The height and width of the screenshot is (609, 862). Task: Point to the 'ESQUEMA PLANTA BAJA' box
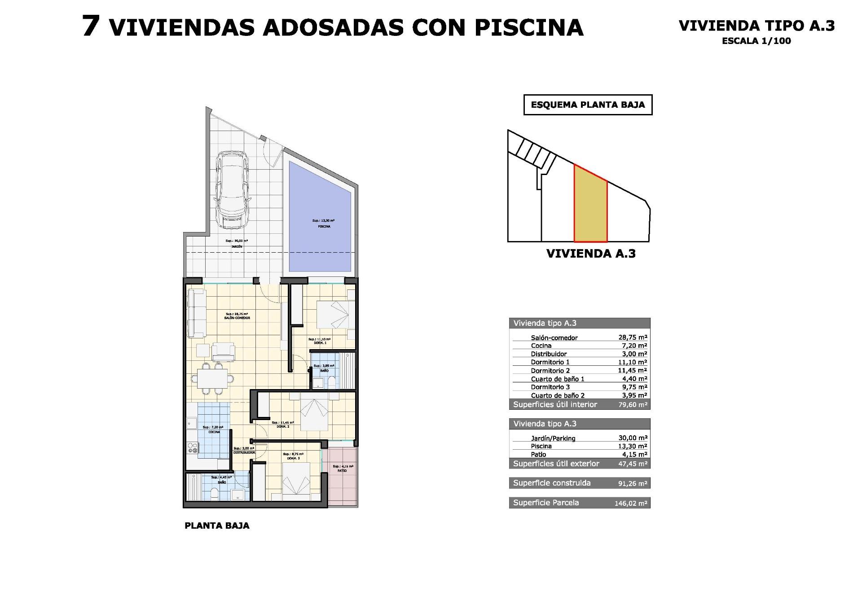pyautogui.click(x=588, y=105)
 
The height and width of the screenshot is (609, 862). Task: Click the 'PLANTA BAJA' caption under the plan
pyautogui.click(x=217, y=526)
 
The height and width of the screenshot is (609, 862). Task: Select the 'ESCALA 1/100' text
pyautogui.click(x=756, y=41)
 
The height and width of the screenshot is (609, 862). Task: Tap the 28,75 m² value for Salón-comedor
pyautogui.click(x=633, y=337)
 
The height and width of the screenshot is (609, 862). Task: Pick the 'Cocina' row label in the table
pyautogui.click(x=541, y=346)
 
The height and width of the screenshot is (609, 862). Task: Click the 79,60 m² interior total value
pyautogui.click(x=633, y=405)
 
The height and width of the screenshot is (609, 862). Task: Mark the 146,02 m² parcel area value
pyautogui.click(x=631, y=504)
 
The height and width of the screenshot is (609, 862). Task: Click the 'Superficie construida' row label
pyautogui.click(x=552, y=483)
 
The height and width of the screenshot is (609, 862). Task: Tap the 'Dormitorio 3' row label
pyautogui.click(x=550, y=387)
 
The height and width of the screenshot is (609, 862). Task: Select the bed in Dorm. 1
pyautogui.click(x=333, y=314)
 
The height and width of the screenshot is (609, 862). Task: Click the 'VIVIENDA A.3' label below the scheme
pyautogui.click(x=591, y=254)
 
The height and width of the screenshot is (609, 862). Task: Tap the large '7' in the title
pyautogui.click(x=91, y=26)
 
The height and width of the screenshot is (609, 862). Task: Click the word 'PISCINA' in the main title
pyautogui.click(x=528, y=28)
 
